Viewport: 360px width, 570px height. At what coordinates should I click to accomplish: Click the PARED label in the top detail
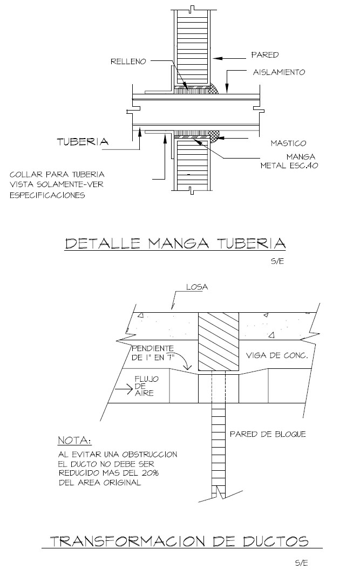[264, 55]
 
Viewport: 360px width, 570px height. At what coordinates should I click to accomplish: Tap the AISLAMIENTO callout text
[279, 72]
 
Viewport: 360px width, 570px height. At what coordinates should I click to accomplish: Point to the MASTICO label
[288, 143]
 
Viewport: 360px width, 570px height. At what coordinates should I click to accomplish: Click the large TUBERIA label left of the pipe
[83, 142]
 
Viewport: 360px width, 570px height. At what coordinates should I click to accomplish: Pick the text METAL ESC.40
[289, 166]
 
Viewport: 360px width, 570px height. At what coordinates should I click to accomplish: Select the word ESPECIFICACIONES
[47, 195]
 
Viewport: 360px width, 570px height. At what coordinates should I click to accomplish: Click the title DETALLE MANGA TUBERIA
[175, 243]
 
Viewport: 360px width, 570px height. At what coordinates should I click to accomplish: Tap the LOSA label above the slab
[197, 287]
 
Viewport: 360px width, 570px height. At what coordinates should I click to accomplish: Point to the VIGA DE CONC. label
[277, 355]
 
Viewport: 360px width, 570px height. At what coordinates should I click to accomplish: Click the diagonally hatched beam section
[219, 341]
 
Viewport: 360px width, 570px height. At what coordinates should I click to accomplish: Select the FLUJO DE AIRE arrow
[124, 389]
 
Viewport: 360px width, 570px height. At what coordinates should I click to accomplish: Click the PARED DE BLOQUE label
[268, 434]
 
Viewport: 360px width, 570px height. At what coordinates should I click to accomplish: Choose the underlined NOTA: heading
[74, 441]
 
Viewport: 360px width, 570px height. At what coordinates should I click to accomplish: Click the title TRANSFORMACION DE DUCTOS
[179, 541]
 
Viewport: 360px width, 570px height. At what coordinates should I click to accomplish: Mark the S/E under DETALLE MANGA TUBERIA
[277, 262]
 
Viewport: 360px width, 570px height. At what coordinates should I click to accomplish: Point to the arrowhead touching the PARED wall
[217, 58]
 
